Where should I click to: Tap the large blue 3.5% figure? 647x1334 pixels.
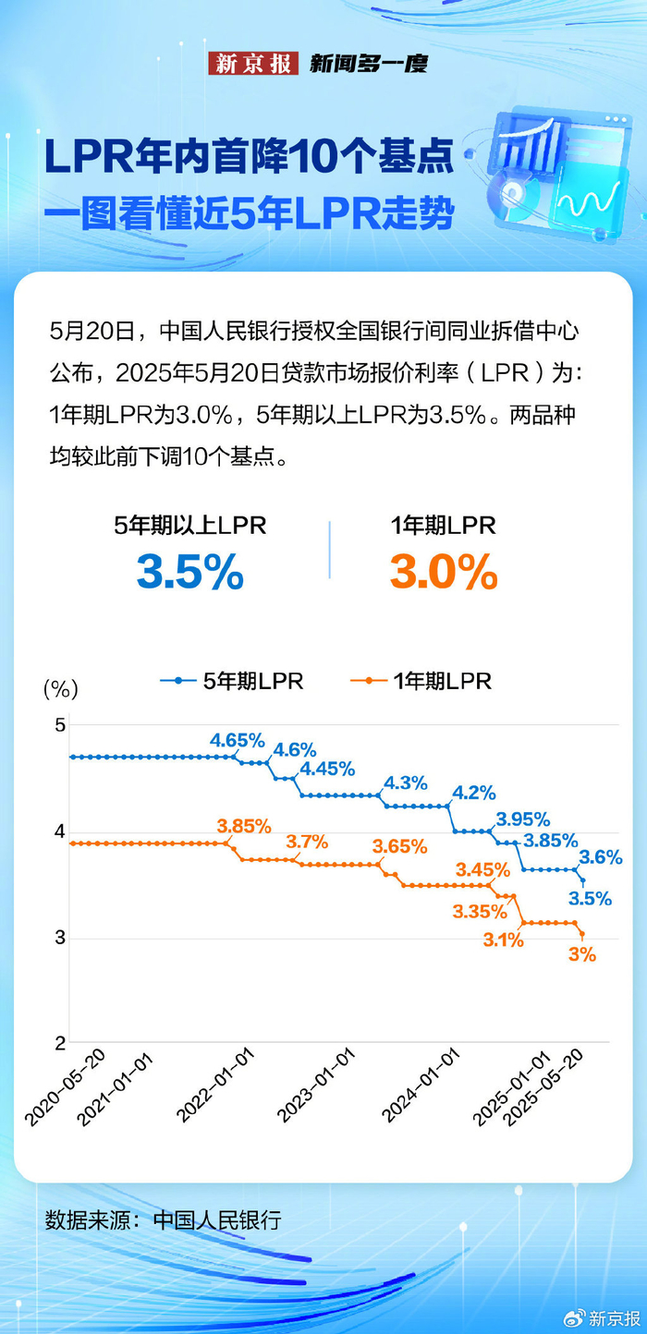pos(190,573)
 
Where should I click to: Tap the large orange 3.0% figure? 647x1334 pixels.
pos(444,573)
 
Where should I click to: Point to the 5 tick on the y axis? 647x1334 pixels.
pos(60,725)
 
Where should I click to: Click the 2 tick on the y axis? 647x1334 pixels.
pos(60,1044)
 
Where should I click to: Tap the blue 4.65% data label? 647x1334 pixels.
pos(238,740)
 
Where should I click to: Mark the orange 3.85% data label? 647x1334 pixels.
pos(244,825)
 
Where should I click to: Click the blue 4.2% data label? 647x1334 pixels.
pos(474,793)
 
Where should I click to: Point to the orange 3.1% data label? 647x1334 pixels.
pos(504,940)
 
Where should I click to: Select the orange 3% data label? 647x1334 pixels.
pos(581,955)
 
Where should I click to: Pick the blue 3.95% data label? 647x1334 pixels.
pos(523,819)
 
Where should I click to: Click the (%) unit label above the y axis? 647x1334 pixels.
pos(60,688)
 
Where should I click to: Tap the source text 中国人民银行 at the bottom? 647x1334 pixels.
pos(216,1220)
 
